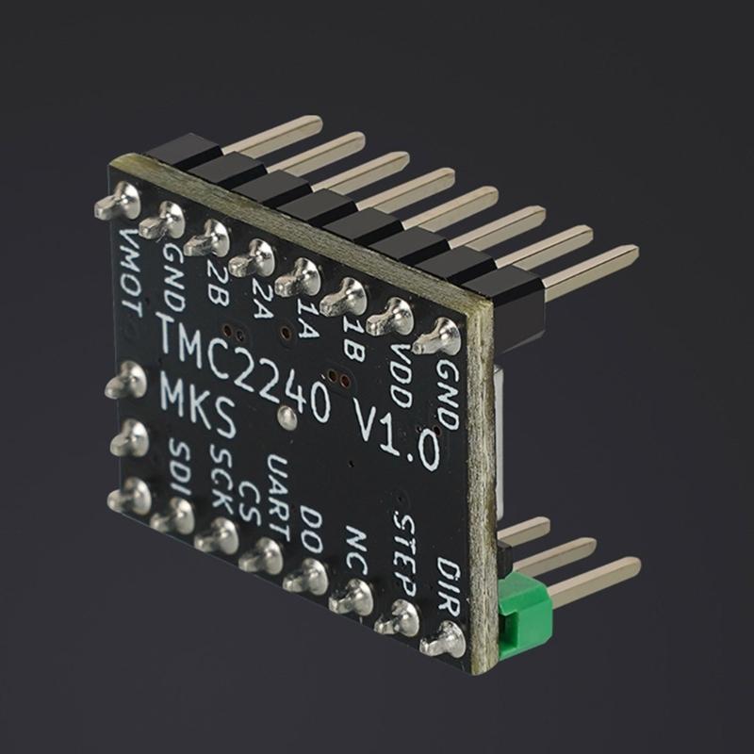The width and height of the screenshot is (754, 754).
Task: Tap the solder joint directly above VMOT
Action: tap(120, 202)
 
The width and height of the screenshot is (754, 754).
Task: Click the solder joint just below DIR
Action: tap(444, 642)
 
